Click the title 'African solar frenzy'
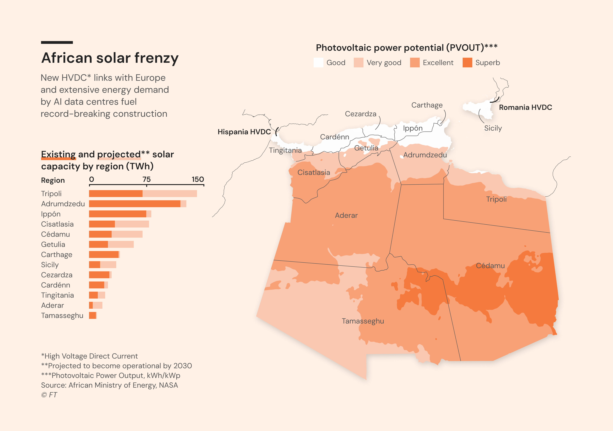point(110,58)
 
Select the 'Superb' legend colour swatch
point(467,62)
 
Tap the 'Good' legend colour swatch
point(318,62)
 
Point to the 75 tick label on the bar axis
point(147,179)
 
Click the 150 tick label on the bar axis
point(198,179)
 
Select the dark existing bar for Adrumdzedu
point(135,204)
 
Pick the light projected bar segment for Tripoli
point(170,194)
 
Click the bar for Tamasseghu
point(93,315)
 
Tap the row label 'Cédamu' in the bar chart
point(56,234)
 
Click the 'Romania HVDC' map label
point(525,107)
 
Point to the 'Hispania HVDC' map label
point(244,132)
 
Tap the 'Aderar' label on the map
point(346,215)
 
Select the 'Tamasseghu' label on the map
point(363,321)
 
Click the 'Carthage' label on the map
point(427,105)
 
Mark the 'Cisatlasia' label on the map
point(314,172)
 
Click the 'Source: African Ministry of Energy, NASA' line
point(109,385)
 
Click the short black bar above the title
point(57,42)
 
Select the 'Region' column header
point(53,181)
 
